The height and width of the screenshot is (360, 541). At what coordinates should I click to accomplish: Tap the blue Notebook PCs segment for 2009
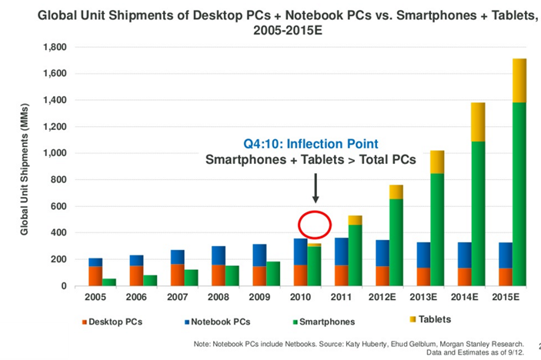coord(260,255)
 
